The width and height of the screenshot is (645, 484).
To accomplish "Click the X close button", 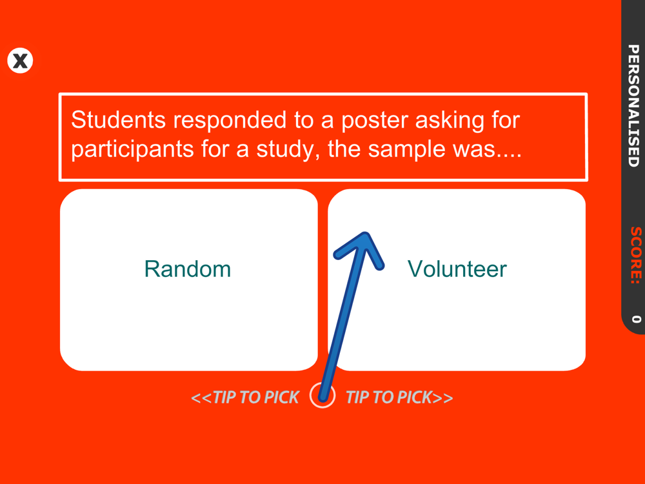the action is (20, 61).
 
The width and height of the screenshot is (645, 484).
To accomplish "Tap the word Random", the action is (188, 269).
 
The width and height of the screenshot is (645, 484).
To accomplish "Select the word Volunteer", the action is (457, 269).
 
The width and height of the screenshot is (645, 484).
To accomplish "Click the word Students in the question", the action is (119, 120).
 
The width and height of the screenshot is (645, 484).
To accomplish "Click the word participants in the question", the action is (132, 150).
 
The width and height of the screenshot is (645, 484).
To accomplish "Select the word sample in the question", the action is (407, 150).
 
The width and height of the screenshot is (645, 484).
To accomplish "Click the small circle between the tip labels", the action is (322, 396).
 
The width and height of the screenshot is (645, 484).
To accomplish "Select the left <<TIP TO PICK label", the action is (245, 397).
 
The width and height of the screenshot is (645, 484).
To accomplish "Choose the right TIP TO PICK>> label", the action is (399, 397).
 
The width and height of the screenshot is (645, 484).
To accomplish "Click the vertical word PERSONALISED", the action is (633, 106).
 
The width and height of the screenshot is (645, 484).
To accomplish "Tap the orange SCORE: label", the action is (636, 255).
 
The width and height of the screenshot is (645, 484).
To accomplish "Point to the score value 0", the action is (636, 319).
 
